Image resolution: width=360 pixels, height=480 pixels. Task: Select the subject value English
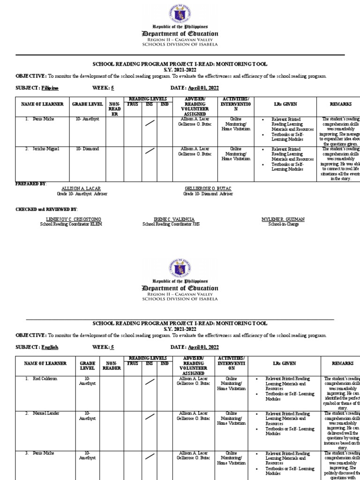pos(50,347)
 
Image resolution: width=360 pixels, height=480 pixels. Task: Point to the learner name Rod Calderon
pos(45,378)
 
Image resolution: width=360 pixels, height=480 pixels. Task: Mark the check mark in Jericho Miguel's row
pos(150,151)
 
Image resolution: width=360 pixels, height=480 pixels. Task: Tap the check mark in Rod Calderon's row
pos(150,382)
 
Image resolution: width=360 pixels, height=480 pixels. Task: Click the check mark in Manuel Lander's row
pos(150,417)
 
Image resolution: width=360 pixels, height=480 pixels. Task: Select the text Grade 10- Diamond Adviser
pos(208,193)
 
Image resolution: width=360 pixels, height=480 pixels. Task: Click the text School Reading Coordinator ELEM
pos(71,224)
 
